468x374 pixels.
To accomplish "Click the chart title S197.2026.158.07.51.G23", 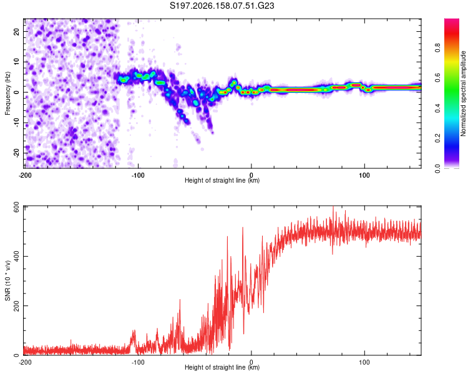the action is (222, 6).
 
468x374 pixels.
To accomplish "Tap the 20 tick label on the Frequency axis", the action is (17, 32).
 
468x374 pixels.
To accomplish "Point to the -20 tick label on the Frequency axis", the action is (17, 153).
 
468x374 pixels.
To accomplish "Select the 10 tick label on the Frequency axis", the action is (17, 62).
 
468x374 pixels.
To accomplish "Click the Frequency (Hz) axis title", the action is (7, 93).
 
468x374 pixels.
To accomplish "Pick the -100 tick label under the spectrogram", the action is (138, 175).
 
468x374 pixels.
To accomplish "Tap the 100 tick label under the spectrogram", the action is (364, 175).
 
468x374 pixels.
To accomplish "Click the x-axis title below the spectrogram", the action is (222, 180).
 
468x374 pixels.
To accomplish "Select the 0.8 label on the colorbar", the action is (438, 48).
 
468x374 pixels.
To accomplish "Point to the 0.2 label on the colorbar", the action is (438, 138).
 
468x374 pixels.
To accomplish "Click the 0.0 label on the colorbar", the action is (438, 168).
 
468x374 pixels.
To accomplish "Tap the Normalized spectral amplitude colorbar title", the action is (463, 93).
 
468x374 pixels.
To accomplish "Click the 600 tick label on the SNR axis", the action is (17, 208).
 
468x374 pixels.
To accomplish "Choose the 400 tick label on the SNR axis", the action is (17, 256).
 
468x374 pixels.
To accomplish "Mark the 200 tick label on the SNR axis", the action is (17, 305).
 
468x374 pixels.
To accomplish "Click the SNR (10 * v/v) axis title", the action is (7, 280).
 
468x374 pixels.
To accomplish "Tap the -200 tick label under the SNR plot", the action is (25, 362).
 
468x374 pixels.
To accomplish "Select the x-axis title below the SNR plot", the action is (222, 367).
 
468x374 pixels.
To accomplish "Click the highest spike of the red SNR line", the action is (333, 207).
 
